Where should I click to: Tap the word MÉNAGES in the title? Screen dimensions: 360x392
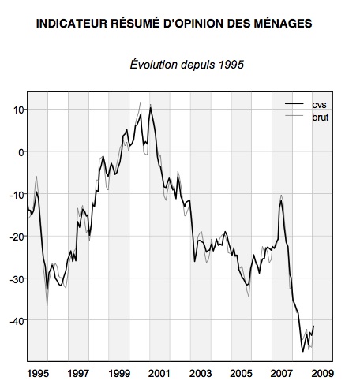tap(283, 24)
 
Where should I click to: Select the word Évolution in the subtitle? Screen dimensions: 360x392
tap(154, 65)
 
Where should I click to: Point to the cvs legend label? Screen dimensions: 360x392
tap(319, 105)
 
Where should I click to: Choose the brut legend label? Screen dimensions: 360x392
tap(321, 118)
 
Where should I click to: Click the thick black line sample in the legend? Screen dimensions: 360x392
tap(294, 104)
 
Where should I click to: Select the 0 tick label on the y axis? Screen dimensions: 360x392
tap(21, 152)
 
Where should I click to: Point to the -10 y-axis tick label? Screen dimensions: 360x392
tap(17, 195)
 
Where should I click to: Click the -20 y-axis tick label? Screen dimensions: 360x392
tap(17, 237)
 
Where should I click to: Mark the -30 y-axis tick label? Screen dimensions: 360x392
tap(17, 279)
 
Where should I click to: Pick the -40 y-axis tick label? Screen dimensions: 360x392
tap(17, 321)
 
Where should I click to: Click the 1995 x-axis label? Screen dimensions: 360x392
tap(38, 373)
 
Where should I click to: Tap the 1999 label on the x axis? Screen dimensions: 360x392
tap(119, 373)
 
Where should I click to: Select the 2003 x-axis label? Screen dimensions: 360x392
tap(201, 373)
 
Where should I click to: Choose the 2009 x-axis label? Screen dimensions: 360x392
tap(323, 373)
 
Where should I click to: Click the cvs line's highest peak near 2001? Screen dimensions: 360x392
tap(151, 107)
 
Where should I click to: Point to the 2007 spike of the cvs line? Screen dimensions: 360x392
tap(282, 201)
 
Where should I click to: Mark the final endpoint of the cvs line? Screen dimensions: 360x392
tap(313, 326)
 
